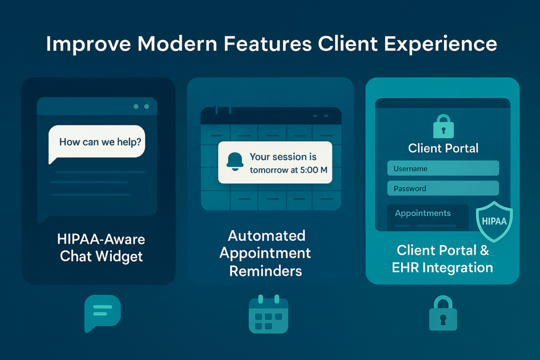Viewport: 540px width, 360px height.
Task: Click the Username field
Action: [443, 169]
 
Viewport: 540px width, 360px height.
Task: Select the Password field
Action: [443, 188]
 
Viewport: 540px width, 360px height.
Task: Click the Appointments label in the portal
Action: [423, 213]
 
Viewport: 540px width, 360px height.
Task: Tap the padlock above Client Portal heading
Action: [443, 127]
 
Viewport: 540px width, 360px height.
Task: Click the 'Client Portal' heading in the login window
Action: [443, 148]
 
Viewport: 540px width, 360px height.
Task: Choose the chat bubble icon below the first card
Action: [102, 313]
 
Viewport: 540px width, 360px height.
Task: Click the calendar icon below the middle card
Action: [268, 315]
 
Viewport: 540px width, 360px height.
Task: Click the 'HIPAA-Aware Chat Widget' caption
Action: [101, 248]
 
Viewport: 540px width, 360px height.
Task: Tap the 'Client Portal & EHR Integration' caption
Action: [443, 258]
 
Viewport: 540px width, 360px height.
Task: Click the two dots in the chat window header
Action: [141, 106]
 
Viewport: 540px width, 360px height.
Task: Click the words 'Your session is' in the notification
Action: [283, 157]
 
